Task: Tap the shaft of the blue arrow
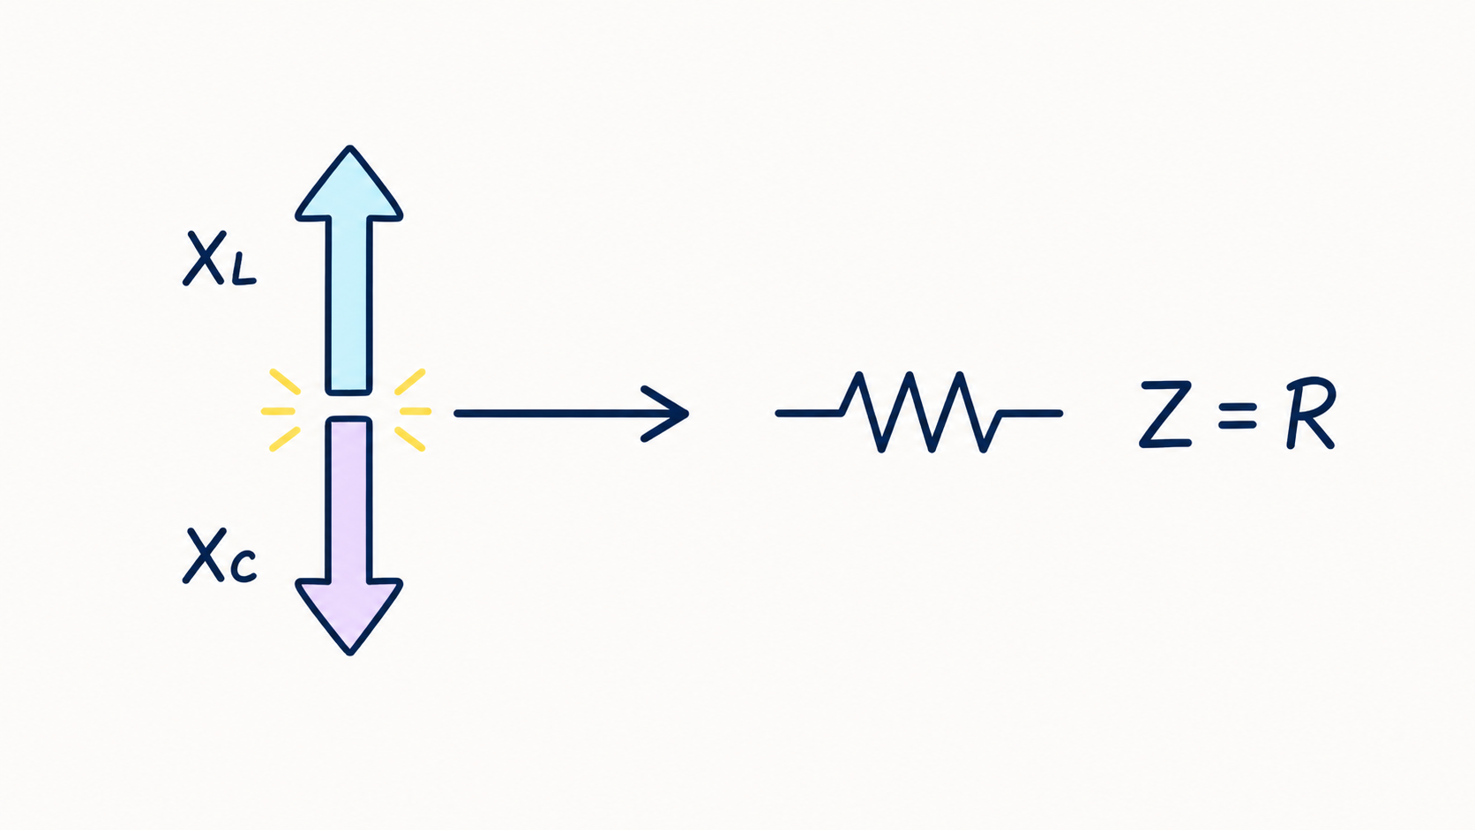pyautogui.click(x=349, y=306)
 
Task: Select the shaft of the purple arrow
pyautogui.click(x=349, y=499)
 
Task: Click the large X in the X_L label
pyautogui.click(x=204, y=258)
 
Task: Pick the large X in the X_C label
pyautogui.click(x=204, y=556)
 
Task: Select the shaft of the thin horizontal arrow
pyautogui.click(x=570, y=414)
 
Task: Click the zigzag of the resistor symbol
pyautogui.click(x=920, y=412)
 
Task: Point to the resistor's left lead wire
pyautogui.click(x=809, y=414)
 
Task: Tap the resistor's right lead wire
pyautogui.click(x=1030, y=414)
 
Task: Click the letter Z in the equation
pyautogui.click(x=1165, y=414)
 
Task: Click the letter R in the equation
pyautogui.click(x=1310, y=413)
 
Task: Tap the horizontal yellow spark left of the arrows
pyautogui.click(x=278, y=411)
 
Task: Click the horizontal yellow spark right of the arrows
pyautogui.click(x=416, y=411)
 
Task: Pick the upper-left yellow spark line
pyautogui.click(x=285, y=382)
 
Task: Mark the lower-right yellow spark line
pyautogui.click(x=409, y=439)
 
